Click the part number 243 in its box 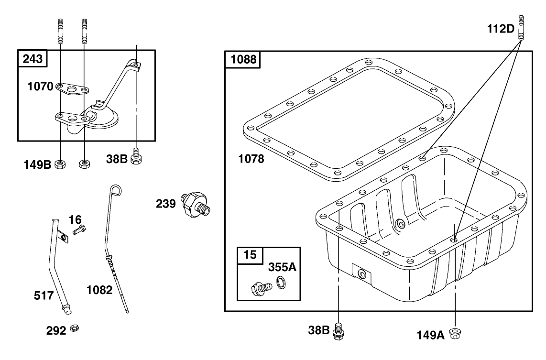[x=33, y=59]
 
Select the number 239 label [x=165, y=204]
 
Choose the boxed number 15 [x=250, y=255]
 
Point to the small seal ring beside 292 [x=74, y=328]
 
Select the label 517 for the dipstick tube [x=44, y=296]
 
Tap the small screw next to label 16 [x=78, y=230]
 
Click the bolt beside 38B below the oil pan [x=339, y=331]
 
